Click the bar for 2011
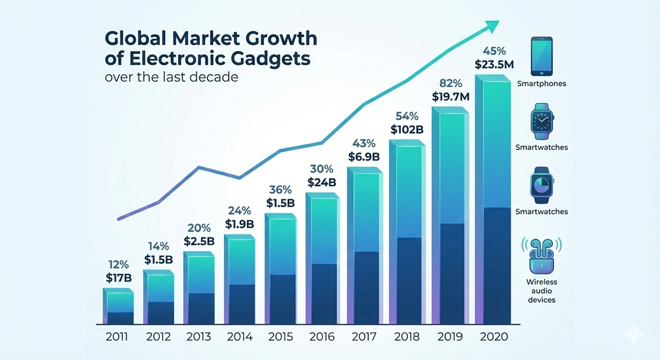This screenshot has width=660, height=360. (x=118, y=307)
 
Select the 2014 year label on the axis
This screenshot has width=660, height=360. (x=239, y=336)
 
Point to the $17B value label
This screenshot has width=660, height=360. (x=119, y=278)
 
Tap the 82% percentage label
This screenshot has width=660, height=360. (x=452, y=84)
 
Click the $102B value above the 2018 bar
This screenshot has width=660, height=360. (x=406, y=130)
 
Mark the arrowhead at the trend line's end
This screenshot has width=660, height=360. (x=492, y=25)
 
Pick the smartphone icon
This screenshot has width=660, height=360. (x=541, y=57)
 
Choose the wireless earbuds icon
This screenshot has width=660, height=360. (x=542, y=256)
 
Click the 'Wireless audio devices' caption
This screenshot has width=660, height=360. (x=542, y=291)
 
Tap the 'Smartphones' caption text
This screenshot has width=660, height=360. (x=542, y=84)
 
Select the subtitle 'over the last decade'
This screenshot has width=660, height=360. (x=171, y=77)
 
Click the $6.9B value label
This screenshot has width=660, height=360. (x=364, y=157)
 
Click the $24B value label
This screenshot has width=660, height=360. (x=321, y=182)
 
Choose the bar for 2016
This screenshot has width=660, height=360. (x=322, y=258)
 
